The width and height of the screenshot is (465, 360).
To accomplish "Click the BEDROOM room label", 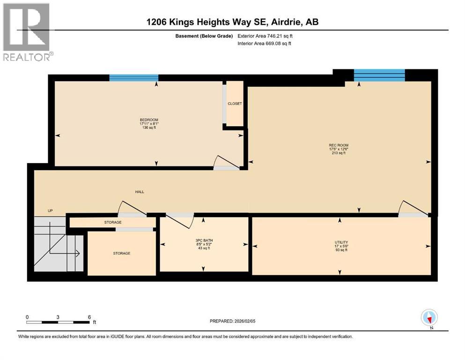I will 148,120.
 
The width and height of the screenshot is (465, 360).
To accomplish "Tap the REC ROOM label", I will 339,145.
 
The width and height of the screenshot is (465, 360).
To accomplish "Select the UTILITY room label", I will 340,242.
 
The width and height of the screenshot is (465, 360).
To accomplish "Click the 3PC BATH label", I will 204,241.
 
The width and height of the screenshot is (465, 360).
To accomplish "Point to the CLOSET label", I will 235,104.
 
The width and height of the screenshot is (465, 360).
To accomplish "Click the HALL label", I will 140,192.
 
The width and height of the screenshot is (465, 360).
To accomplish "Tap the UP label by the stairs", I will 50,211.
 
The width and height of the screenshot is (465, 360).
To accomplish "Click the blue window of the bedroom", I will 133,78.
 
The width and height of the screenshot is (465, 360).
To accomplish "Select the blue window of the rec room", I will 379,75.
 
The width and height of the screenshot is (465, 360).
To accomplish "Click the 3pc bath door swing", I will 181,218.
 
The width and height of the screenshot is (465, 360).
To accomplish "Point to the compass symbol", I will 429,318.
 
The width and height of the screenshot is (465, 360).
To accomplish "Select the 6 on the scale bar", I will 89,317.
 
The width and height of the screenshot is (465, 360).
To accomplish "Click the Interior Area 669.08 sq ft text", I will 267,44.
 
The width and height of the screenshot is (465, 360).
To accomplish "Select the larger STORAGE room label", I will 121,253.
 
